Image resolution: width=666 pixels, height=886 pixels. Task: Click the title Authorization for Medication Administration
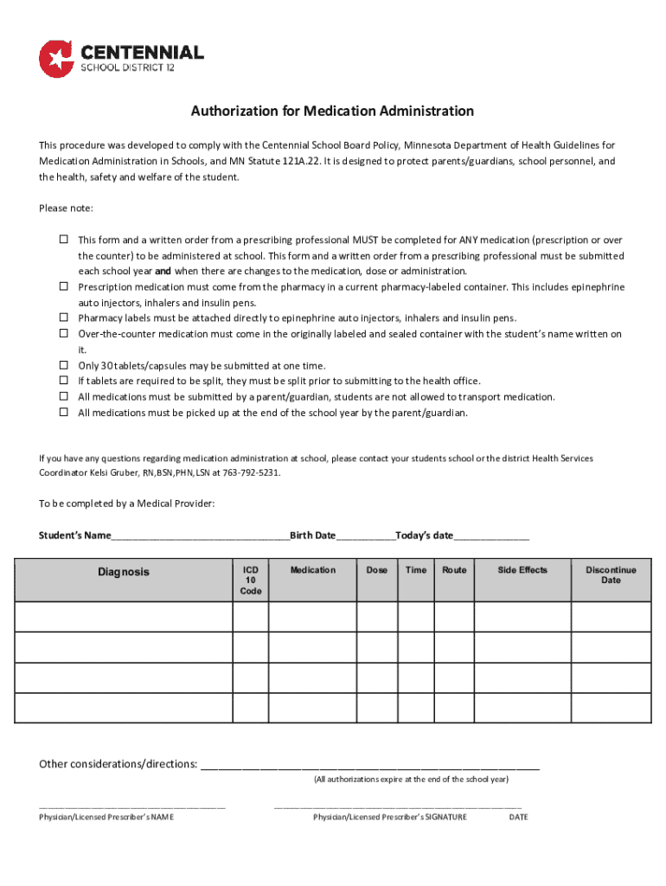[x=332, y=112]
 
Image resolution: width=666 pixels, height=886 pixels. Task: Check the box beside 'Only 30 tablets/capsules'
[x=63, y=366]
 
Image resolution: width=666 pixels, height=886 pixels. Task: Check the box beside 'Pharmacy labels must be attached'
[x=63, y=318]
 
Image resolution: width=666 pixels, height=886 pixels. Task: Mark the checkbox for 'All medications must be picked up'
[x=63, y=413]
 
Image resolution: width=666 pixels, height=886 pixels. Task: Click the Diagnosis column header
[x=123, y=572]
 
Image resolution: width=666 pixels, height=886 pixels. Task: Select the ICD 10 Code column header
[x=250, y=581]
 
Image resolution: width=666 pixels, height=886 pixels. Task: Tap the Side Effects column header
[x=522, y=570]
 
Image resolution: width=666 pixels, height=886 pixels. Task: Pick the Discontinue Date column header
[x=611, y=575]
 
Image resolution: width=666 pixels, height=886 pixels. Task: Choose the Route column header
[x=454, y=570]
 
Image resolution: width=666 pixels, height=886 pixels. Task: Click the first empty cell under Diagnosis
[x=123, y=617]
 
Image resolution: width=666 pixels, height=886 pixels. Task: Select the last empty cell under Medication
[x=312, y=708]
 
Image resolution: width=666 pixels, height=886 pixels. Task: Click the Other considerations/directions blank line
[x=370, y=765]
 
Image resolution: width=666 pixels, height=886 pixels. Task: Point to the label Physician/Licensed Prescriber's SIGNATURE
[x=390, y=817]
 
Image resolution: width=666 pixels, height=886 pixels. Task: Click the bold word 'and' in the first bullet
[x=162, y=271]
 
